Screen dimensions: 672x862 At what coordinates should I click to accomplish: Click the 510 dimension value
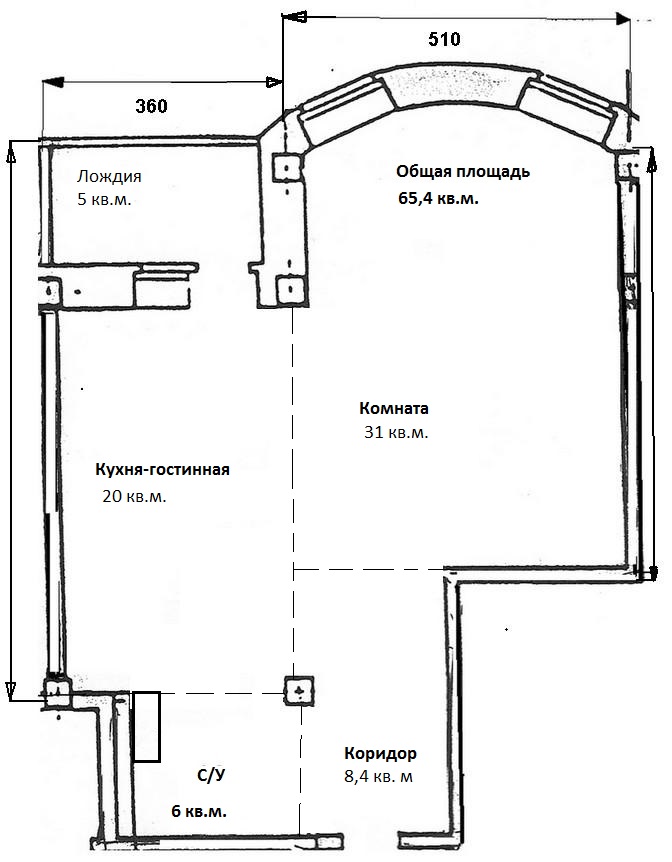click(x=444, y=40)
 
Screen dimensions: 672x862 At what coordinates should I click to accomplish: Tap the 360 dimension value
click(x=151, y=106)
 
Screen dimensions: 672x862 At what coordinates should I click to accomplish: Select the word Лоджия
click(x=109, y=176)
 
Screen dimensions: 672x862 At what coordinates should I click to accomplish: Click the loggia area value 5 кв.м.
click(x=104, y=199)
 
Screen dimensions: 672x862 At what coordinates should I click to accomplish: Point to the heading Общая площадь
click(x=463, y=172)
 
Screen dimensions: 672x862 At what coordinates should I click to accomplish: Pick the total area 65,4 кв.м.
click(x=438, y=198)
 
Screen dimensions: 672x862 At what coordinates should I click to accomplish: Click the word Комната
click(x=394, y=408)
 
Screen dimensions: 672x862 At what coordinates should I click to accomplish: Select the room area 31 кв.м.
click(x=396, y=433)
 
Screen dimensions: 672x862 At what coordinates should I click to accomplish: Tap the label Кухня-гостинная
click(x=162, y=470)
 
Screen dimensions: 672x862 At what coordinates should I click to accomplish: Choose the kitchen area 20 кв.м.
click(x=134, y=496)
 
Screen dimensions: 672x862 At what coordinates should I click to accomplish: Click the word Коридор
click(x=381, y=753)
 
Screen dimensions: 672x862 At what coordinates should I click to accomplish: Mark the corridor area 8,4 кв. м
click(x=377, y=777)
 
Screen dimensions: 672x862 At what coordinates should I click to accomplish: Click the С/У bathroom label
click(x=211, y=776)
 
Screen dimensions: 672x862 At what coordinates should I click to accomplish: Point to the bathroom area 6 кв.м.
click(x=199, y=811)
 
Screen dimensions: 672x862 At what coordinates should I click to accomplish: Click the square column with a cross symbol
click(x=299, y=690)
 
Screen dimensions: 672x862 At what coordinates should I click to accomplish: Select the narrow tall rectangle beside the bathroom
click(x=147, y=727)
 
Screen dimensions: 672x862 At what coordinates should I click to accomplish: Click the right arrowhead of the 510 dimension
click(x=623, y=19)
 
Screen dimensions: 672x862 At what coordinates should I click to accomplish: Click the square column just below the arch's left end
click(x=287, y=167)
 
